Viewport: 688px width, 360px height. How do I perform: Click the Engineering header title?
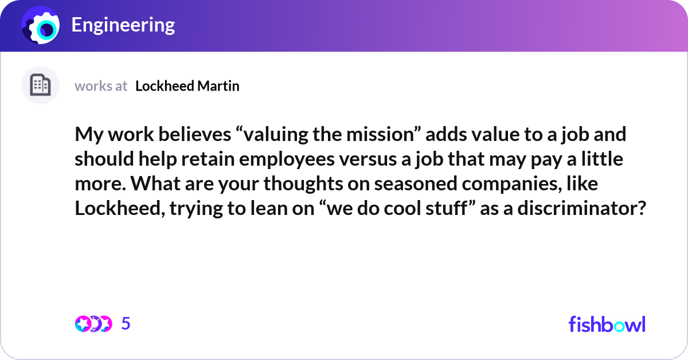123,25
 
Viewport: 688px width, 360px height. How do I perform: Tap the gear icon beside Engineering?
41,25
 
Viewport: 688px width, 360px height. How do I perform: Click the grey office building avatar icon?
40,85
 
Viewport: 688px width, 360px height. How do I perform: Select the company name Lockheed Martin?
187,86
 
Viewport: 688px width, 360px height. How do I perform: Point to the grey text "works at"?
101,86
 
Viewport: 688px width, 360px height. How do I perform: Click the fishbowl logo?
607,324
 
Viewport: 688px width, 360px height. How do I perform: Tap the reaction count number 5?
126,323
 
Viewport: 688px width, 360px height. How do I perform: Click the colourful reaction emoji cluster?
93,324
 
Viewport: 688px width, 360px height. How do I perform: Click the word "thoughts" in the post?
303,184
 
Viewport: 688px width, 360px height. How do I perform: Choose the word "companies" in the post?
511,184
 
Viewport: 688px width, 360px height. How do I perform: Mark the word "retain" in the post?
208,159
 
